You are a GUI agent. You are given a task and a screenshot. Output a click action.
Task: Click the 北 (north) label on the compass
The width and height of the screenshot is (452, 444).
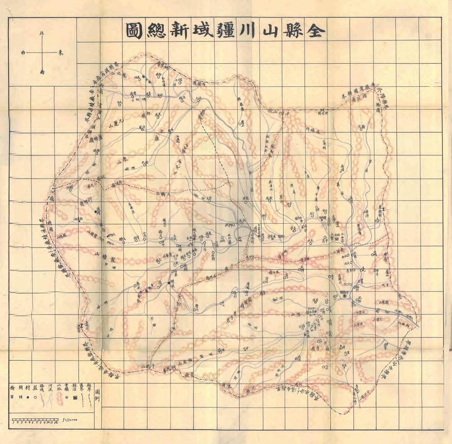point(42,33)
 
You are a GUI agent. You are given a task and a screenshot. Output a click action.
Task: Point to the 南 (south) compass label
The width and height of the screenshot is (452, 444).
point(42,71)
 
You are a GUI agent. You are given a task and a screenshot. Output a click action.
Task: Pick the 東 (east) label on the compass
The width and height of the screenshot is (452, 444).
point(61,52)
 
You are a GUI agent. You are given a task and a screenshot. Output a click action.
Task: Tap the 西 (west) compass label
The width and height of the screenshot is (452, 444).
point(24,52)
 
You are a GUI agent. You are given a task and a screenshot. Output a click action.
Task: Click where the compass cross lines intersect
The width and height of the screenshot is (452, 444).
point(42,52)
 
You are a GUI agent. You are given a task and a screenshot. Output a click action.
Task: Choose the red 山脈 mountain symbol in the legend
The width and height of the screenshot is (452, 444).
point(58,397)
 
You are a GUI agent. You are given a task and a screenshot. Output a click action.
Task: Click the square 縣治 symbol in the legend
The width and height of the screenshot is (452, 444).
point(75,397)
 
